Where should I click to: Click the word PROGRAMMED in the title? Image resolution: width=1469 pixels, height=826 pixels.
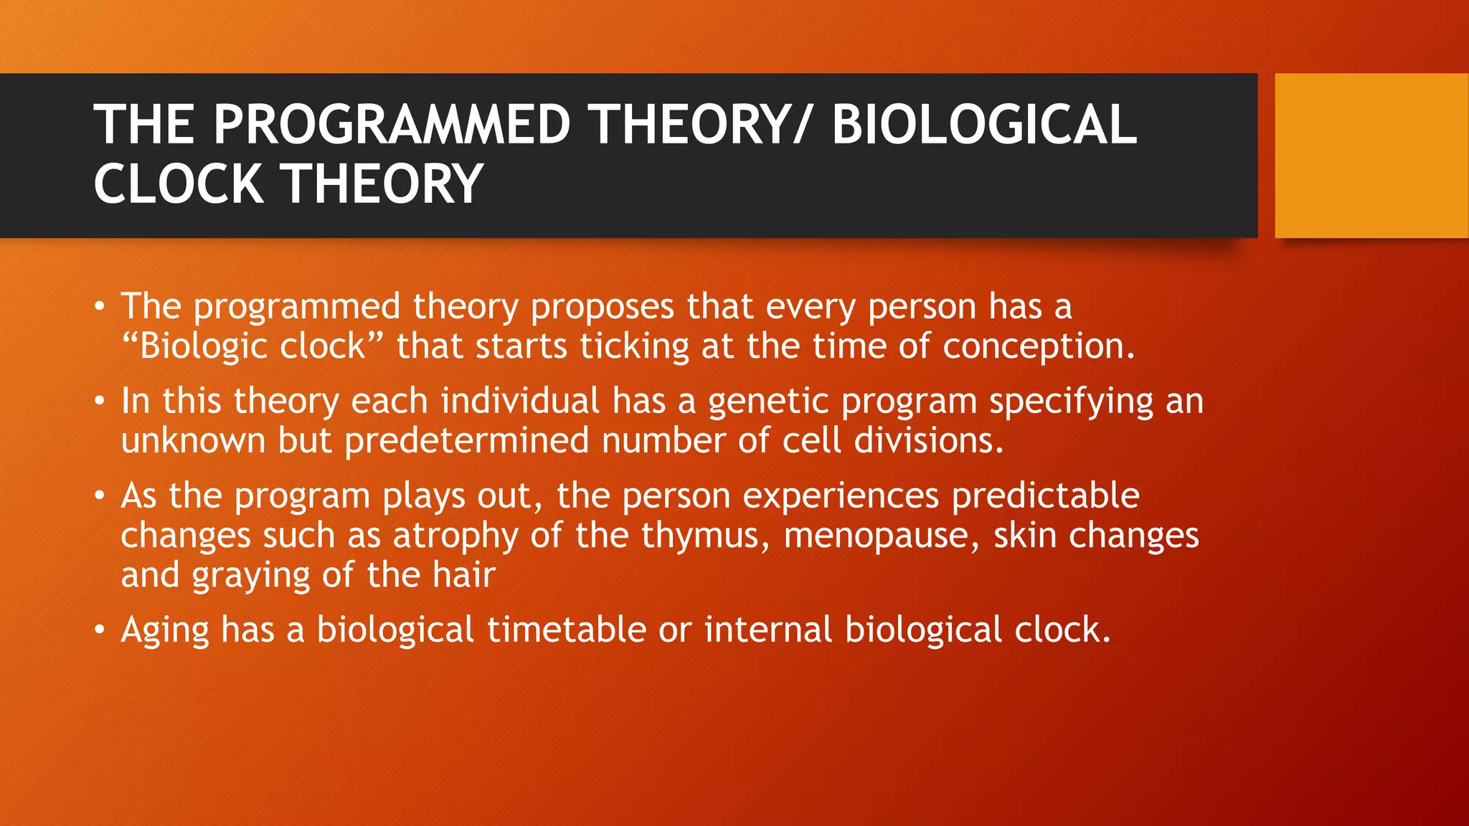pyautogui.click(x=392, y=125)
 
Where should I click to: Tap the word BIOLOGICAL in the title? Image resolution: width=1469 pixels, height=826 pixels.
pyautogui.click(x=983, y=125)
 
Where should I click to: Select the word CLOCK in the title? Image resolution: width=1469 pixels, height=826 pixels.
pyautogui.click(x=178, y=184)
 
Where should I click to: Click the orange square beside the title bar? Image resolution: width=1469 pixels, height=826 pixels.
pyautogui.click(x=1371, y=156)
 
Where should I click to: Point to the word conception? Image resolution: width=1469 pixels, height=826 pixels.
pyautogui.click(x=1038, y=347)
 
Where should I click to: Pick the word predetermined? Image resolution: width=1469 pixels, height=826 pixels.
pyautogui.click(x=466, y=440)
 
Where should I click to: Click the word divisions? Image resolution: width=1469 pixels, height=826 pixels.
pyautogui.click(x=928, y=440)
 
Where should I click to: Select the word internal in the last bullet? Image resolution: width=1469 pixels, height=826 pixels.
pyautogui.click(x=767, y=630)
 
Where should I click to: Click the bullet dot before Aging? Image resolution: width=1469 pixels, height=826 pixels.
pyautogui.click(x=100, y=631)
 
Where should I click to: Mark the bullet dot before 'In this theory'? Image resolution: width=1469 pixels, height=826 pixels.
pyautogui.click(x=100, y=402)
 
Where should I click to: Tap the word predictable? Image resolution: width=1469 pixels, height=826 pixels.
pyautogui.click(x=1045, y=495)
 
